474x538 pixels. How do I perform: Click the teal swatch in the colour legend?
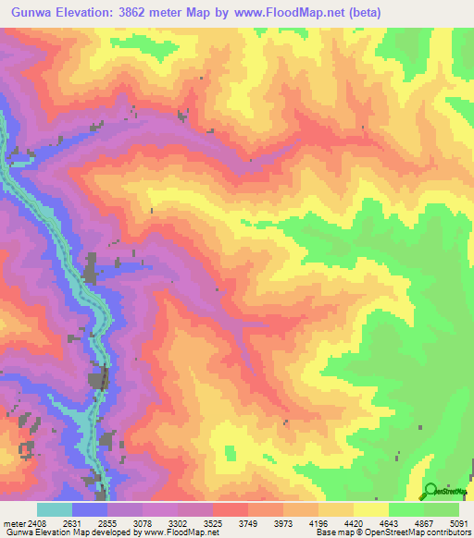(x=55, y=509)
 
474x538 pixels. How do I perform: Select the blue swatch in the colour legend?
(x=90, y=509)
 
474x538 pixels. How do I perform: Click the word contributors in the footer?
(x=447, y=533)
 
